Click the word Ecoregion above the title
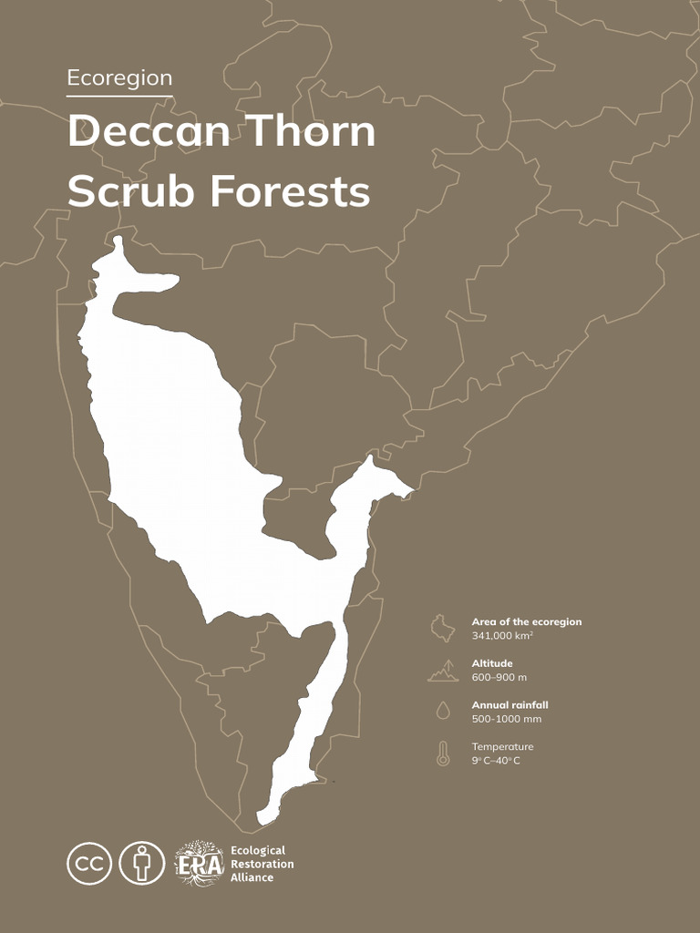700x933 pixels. [x=119, y=78]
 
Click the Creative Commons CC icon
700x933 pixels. [x=89, y=862]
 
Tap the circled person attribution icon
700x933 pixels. [x=142, y=862]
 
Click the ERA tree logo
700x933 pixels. [x=199, y=863]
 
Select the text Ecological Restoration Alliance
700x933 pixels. [x=262, y=863]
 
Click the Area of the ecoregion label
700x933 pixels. [x=526, y=621]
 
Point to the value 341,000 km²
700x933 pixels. [x=502, y=635]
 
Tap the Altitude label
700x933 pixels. [x=492, y=663]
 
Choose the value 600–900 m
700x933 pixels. [x=499, y=677]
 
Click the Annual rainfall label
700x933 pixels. [x=510, y=705]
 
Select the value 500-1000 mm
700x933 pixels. [x=506, y=719]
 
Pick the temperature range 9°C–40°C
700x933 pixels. [x=496, y=760]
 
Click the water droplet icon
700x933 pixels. [x=443, y=710]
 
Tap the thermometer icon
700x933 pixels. [x=443, y=754]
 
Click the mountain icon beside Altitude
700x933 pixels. [x=443, y=672]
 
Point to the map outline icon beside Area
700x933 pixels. [x=443, y=629]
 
